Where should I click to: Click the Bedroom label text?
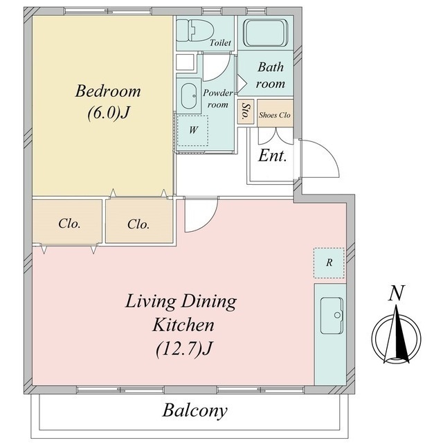(x=108, y=91)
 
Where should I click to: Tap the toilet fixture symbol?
(x=193, y=30)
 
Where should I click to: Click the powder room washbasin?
(x=188, y=96)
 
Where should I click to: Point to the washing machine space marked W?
(x=192, y=130)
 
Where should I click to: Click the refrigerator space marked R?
(x=329, y=263)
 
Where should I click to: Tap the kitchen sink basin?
(x=332, y=316)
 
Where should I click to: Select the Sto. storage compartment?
(x=246, y=111)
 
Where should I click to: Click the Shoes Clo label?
(x=275, y=115)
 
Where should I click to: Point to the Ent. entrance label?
(x=272, y=155)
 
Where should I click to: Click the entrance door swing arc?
(x=319, y=159)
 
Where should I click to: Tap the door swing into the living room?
(x=201, y=215)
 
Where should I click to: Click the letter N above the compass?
(x=397, y=293)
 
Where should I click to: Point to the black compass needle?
(x=401, y=335)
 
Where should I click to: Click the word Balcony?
(x=195, y=410)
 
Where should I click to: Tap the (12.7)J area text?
(x=184, y=349)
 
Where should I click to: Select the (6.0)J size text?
(x=109, y=113)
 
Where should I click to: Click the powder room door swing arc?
(x=217, y=67)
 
